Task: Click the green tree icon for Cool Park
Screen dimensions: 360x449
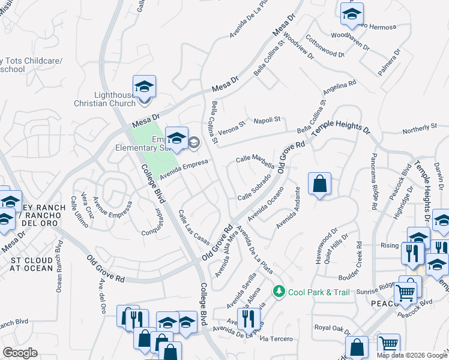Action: coord(278,292)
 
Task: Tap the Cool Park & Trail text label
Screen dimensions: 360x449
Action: coord(318,292)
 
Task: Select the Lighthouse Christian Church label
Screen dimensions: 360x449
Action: coord(115,99)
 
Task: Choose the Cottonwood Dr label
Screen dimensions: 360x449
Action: coord(324,46)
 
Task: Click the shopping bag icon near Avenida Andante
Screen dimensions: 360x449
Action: coord(320,184)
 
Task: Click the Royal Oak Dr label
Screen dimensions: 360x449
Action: coord(332,328)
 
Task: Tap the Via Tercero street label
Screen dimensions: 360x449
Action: coord(277,339)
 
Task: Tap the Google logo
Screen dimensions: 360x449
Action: coord(20,353)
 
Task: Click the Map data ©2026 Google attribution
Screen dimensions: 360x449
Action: coord(411,355)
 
